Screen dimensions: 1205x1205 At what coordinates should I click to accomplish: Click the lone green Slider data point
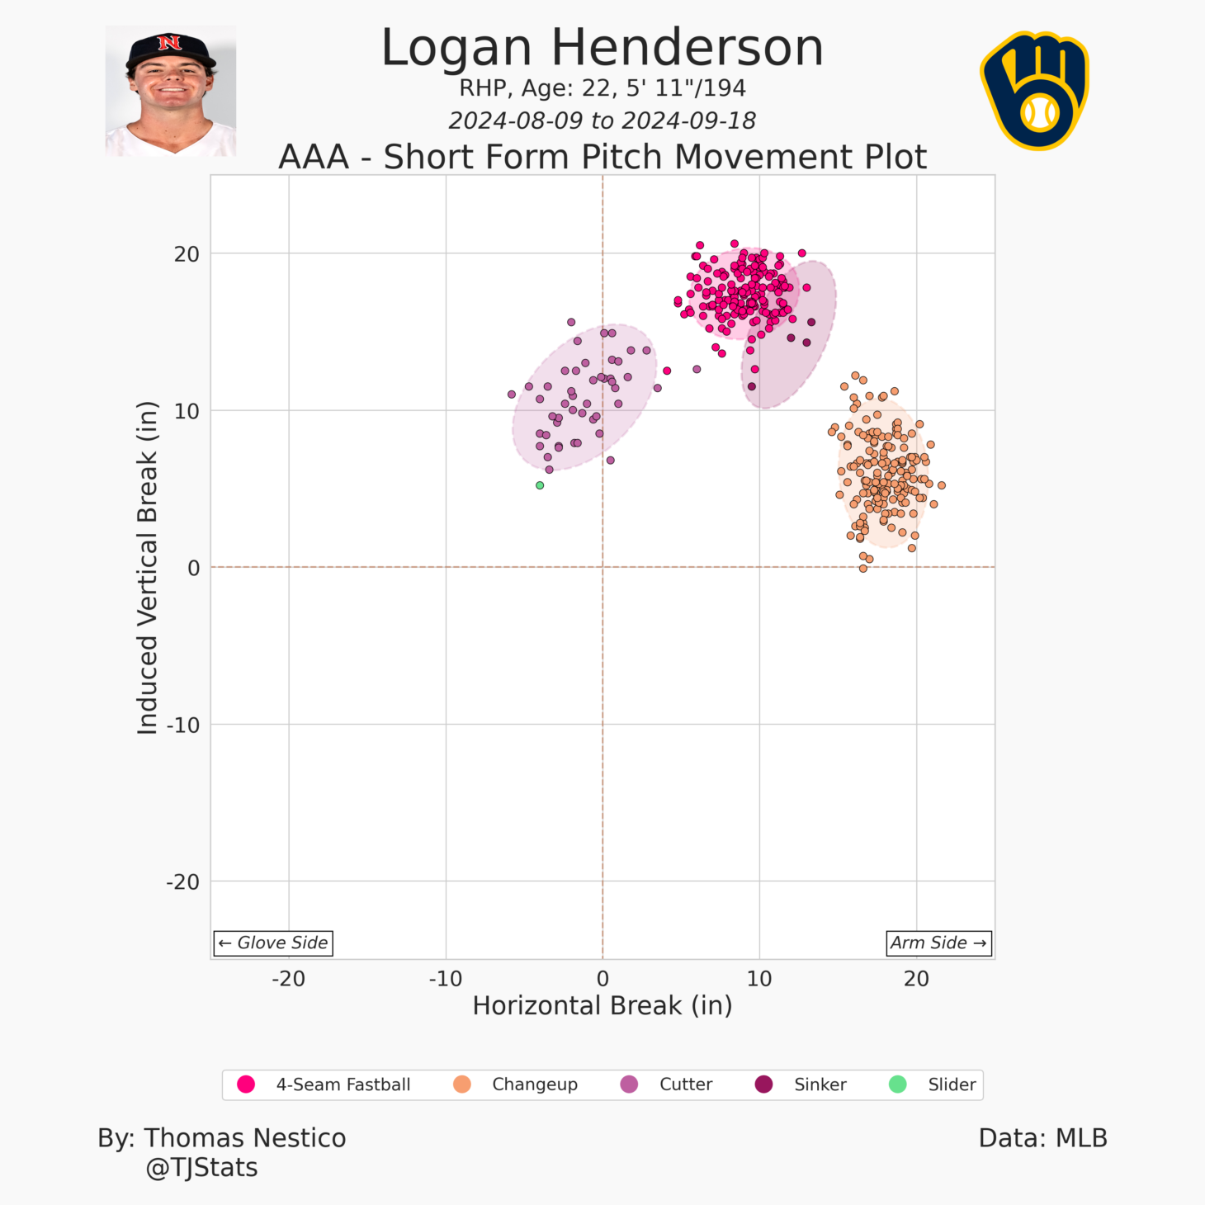click(x=540, y=485)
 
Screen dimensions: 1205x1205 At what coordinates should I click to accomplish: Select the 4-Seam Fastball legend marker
click(x=246, y=1084)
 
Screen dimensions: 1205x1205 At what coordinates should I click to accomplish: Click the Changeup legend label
click(x=534, y=1084)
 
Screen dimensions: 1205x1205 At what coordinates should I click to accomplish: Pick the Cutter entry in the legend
click(x=685, y=1084)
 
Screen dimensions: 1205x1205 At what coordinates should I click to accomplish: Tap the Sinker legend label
click(x=820, y=1084)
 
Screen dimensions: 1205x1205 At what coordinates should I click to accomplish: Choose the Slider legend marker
click(x=897, y=1084)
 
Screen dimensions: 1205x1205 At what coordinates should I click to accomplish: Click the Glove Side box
click(x=273, y=943)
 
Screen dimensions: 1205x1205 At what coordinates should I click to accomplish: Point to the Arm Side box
click(x=938, y=943)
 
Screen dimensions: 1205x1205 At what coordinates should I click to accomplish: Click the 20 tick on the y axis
click(x=187, y=254)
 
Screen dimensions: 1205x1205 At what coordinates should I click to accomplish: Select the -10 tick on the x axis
click(x=445, y=979)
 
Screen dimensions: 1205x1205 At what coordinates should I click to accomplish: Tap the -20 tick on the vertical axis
click(x=183, y=882)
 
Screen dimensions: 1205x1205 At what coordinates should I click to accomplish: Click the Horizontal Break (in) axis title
click(x=602, y=1005)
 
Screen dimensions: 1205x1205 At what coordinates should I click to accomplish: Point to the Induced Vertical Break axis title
click(x=147, y=567)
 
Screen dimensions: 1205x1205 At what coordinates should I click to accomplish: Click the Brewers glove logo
click(x=1035, y=91)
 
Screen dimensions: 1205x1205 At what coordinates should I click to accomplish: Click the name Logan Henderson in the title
click(x=602, y=48)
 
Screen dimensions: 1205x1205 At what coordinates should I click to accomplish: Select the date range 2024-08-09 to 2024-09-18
click(x=602, y=120)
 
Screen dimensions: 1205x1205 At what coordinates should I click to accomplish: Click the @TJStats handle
click(x=201, y=1168)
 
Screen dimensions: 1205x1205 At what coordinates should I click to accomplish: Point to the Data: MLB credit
click(x=1042, y=1138)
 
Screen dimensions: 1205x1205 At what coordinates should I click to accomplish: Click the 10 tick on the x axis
click(x=759, y=979)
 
